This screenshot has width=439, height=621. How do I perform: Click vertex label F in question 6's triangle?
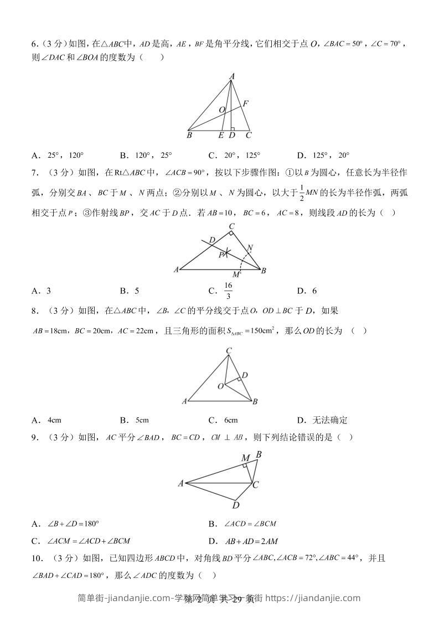[x=245, y=103]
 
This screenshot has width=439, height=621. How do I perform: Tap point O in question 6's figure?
[x=221, y=110]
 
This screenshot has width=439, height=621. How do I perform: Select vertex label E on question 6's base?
[x=221, y=135]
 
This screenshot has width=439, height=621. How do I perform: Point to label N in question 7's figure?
[x=250, y=247]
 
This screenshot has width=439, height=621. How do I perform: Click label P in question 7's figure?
[x=220, y=255]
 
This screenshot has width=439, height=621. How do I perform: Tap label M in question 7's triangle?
[x=236, y=275]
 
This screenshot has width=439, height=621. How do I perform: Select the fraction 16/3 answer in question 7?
[x=228, y=290]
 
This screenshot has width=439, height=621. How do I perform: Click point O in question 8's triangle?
[x=220, y=386]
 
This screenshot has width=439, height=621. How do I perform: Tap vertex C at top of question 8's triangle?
[x=229, y=350]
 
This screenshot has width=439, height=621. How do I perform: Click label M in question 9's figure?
[x=245, y=458]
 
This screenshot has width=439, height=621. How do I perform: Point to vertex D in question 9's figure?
[x=236, y=505]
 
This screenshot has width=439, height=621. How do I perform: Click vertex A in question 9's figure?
[x=180, y=484]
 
